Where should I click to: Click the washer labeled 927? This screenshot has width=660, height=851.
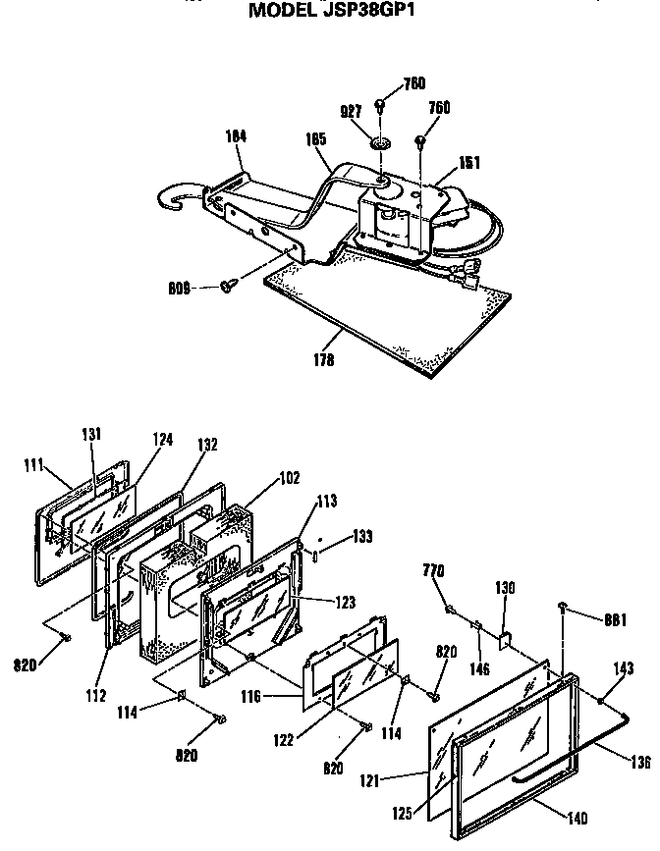tap(380, 145)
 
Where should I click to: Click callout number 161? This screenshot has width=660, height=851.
tap(469, 163)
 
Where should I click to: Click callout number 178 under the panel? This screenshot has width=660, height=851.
tap(323, 360)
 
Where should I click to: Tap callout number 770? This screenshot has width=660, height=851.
tap(434, 570)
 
